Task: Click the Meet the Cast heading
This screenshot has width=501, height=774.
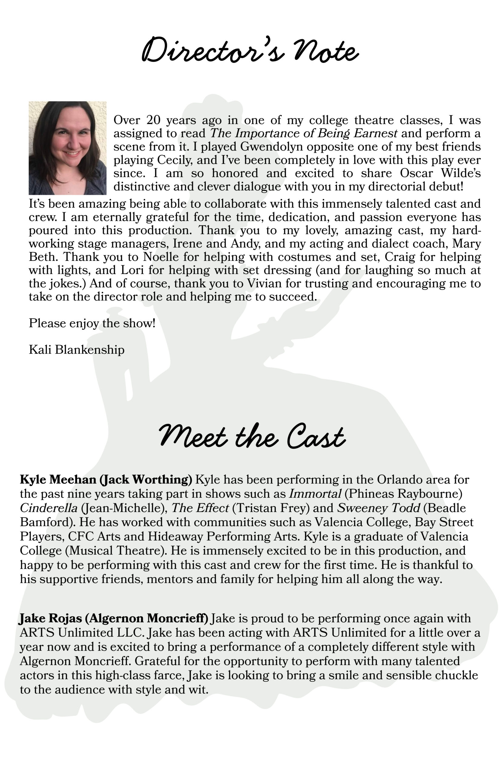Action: tap(251, 437)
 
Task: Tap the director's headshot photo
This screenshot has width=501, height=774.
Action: tap(68, 148)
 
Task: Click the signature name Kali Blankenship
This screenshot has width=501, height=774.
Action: tap(77, 350)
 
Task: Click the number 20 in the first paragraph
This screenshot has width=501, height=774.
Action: tap(154, 120)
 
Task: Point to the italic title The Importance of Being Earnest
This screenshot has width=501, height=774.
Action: tap(303, 133)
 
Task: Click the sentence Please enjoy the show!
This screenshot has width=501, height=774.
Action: tap(92, 323)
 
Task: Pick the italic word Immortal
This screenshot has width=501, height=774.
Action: tap(315, 494)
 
